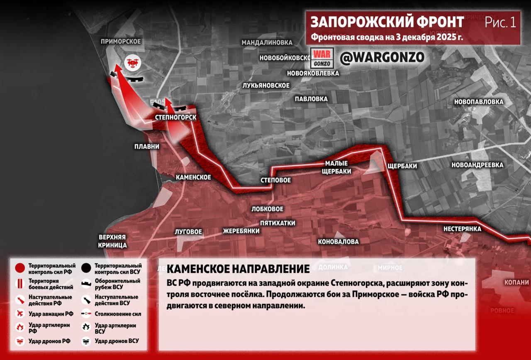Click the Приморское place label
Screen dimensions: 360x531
point(121,42)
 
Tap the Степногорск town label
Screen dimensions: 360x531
point(175,118)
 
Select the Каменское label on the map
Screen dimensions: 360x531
point(193,177)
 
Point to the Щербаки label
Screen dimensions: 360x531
point(402,166)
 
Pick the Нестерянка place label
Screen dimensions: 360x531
point(462,229)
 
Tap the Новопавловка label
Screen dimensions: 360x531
point(479,102)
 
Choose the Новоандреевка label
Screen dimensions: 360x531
point(477,165)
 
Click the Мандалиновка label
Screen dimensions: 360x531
point(267,43)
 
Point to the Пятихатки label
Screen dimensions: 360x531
point(278,223)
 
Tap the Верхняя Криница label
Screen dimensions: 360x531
point(112,241)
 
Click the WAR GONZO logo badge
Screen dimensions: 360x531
point(322,59)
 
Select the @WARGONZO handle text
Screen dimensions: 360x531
point(382,58)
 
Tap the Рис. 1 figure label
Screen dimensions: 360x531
point(500,22)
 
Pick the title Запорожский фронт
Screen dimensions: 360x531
point(387,22)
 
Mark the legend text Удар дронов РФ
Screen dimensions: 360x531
point(49,341)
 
